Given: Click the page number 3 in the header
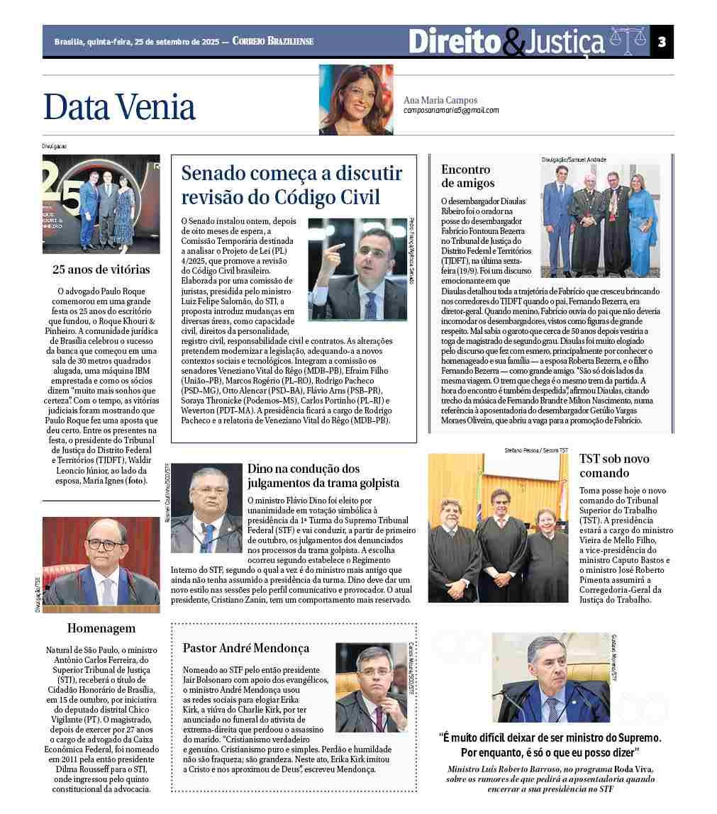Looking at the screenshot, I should coord(662,42).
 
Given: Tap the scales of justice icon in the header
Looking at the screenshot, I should coord(628,42).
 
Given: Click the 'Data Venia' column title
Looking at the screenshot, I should coord(119,107).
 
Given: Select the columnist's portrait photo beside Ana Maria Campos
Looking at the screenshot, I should coord(355,99).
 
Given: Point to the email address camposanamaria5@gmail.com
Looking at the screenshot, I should coord(451,111).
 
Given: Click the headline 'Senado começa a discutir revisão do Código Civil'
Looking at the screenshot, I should coord(291,185).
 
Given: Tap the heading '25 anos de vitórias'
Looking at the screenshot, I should coord(101,269).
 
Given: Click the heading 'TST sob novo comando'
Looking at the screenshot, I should coord(613,466).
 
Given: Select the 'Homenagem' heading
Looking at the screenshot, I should coord(101,628).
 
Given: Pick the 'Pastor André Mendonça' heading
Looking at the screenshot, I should coord(245,648).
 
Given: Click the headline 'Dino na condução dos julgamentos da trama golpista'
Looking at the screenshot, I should coord(323,476).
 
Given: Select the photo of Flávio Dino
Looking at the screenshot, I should coord(206,508).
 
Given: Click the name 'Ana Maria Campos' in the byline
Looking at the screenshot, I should coord(440,100).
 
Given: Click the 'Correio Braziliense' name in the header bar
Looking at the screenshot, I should coord(273,42).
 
